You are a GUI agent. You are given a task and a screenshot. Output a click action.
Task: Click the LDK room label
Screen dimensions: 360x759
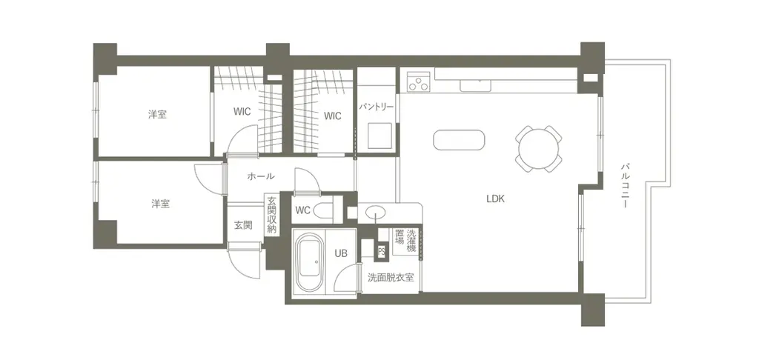click(x=496, y=199)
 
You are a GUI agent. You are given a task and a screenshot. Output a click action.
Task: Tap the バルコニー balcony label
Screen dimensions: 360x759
click(x=626, y=186)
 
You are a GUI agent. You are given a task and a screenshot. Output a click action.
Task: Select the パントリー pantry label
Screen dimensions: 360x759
click(x=377, y=107)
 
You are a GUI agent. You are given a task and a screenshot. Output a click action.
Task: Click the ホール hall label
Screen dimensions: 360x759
click(x=261, y=176)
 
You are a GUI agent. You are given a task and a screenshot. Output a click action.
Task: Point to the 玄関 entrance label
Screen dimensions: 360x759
click(x=243, y=225)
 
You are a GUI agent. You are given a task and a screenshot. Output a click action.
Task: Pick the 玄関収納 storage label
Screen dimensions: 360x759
click(x=271, y=216)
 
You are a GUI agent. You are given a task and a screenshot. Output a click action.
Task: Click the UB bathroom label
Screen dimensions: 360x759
click(x=340, y=253)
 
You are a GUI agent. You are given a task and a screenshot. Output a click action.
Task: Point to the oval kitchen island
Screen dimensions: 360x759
click(x=458, y=140)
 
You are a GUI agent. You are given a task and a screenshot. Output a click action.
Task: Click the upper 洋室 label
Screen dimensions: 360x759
click(x=157, y=115)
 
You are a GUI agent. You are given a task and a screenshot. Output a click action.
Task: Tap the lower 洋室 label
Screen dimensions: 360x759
click(x=161, y=203)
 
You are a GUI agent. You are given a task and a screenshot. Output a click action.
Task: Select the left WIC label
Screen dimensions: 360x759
click(x=242, y=112)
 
